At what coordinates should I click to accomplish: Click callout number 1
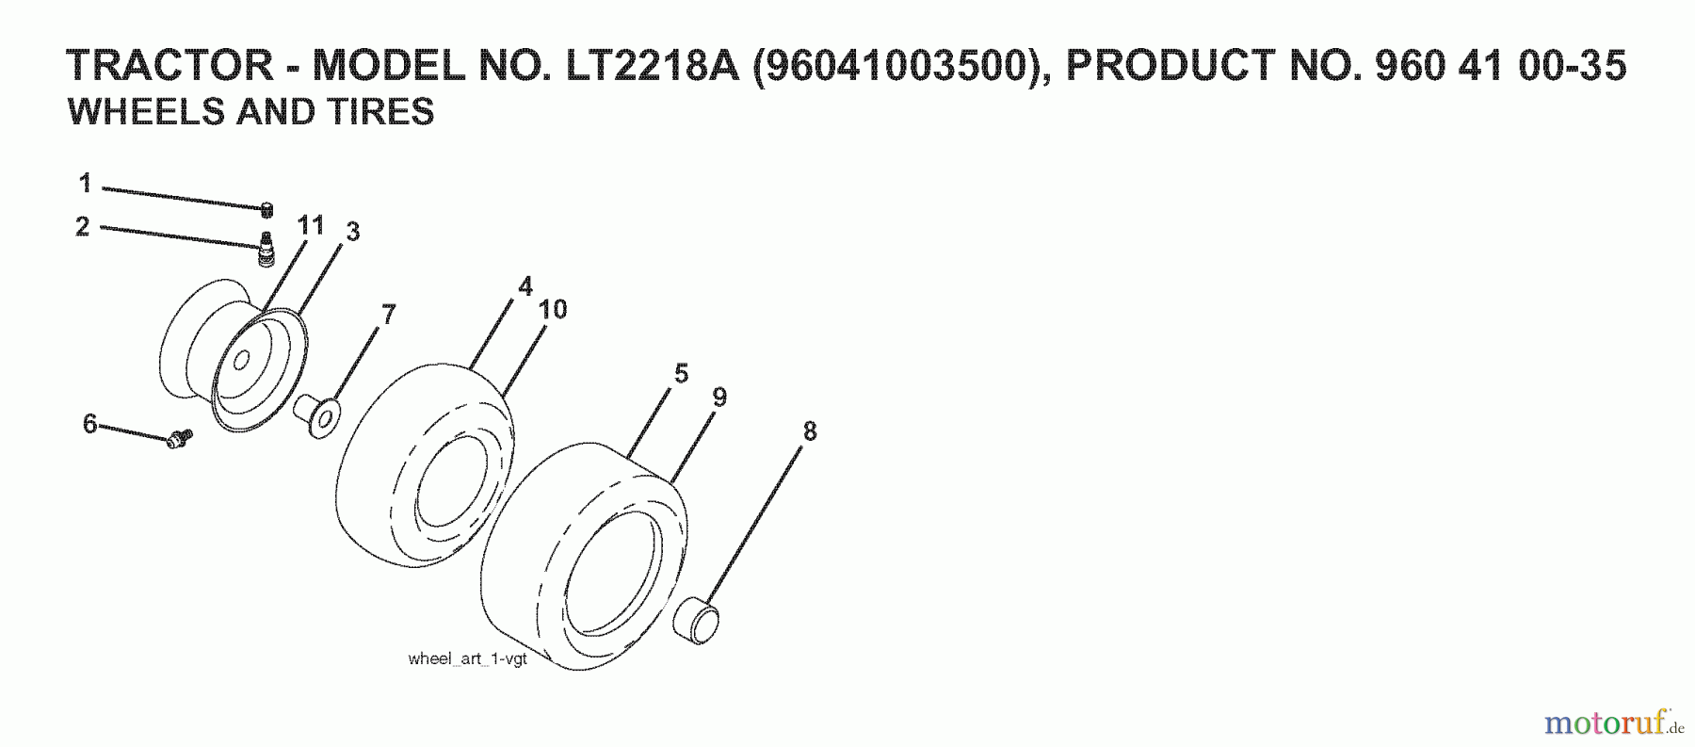pos(85,183)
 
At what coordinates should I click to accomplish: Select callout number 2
pos(83,227)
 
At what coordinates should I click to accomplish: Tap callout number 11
pos(311,225)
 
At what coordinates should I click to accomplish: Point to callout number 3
pos(352,232)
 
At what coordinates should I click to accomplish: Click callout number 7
pos(388,314)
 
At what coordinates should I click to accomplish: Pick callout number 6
pos(90,424)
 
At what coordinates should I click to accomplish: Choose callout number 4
pos(525,286)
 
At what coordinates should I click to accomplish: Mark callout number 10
pos(553,309)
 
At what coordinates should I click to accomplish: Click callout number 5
pos(681,373)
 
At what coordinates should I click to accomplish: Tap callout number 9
pos(719,398)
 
